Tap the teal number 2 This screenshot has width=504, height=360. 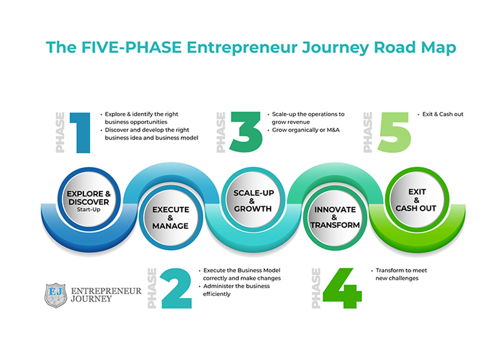[176, 288]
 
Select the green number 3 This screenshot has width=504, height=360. [246, 132]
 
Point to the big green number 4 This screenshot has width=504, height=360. [342, 288]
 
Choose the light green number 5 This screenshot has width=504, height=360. [394, 132]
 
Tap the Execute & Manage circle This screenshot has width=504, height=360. [171, 218]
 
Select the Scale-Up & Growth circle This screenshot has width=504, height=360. [253, 199]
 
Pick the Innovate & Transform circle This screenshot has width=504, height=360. [335, 218]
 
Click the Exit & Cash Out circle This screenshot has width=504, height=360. [417, 199]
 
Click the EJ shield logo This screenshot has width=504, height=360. [56, 295]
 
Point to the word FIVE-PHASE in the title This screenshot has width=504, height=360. [131, 47]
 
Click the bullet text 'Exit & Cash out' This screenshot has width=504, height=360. [443, 114]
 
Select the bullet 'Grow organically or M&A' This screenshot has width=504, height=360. [306, 130]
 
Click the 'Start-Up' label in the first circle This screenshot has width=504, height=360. [89, 209]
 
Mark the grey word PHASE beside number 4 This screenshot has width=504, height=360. [316, 288]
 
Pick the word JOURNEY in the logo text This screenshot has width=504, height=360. [91, 299]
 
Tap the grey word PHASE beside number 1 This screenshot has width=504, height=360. [60, 132]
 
